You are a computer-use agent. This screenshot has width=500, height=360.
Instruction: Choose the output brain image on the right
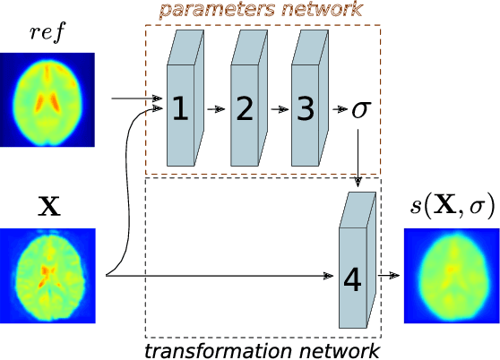pyautogui.click(x=451, y=276)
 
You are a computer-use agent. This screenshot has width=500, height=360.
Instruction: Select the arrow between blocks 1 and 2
pyautogui.click(x=214, y=109)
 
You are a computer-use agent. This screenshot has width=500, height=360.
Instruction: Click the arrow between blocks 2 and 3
pyautogui.click(x=277, y=109)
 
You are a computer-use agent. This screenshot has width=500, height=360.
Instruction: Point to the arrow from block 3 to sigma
pyautogui.click(x=339, y=109)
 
